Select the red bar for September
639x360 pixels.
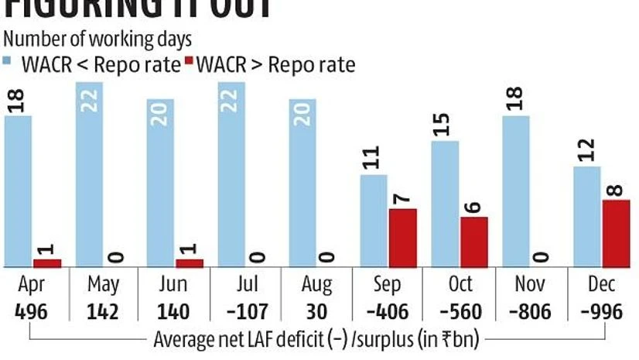coord(402,238)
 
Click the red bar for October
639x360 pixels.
coord(473,242)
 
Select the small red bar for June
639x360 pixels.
coord(189,263)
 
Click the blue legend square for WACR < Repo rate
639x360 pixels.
coord(8,61)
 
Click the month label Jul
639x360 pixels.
coord(245,286)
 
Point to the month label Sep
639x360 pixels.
coord(387,286)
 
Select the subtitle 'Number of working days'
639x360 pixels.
coord(97,38)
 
